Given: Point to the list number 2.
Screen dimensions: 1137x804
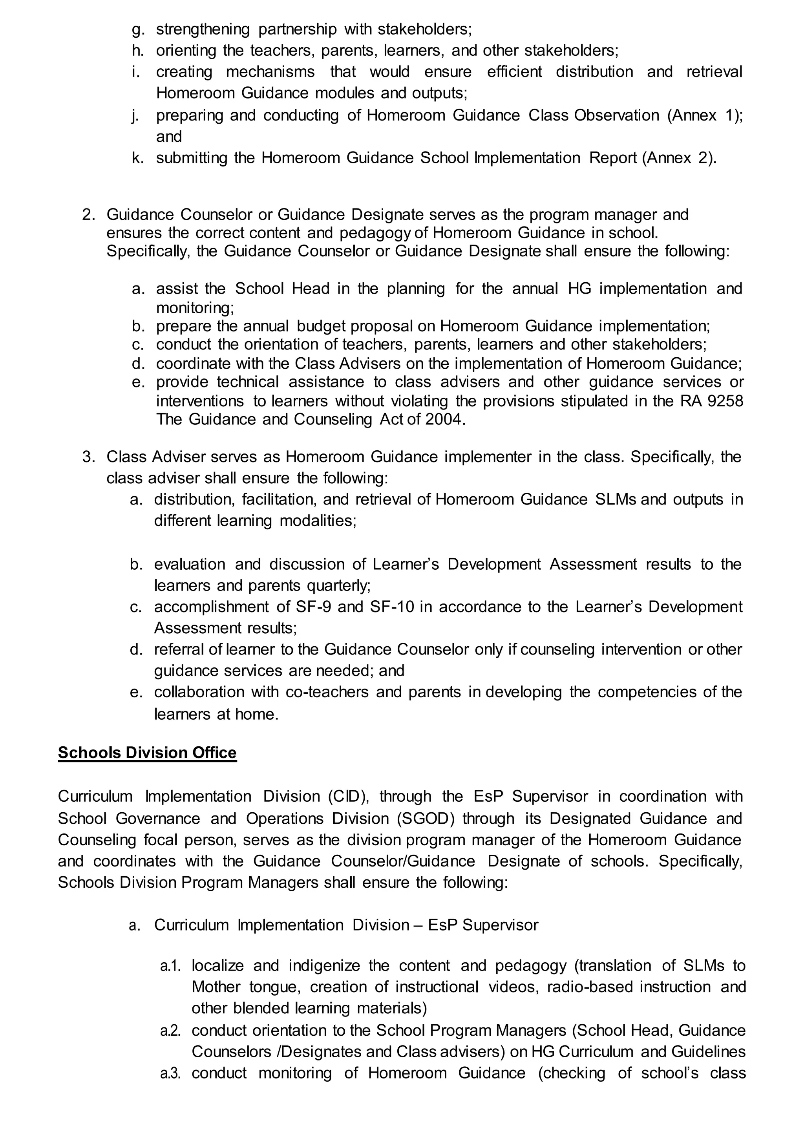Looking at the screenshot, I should click(88, 214).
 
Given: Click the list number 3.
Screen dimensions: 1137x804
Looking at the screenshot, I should click(88, 457).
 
